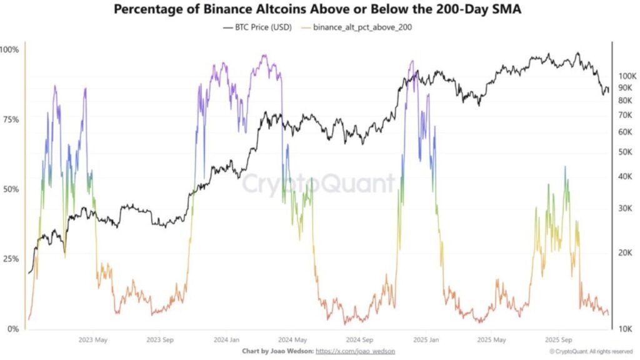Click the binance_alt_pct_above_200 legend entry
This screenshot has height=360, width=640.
[357, 27]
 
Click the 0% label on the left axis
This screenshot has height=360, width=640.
[12, 329]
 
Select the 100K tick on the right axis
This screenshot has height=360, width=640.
[627, 76]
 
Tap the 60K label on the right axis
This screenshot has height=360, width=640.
[625, 132]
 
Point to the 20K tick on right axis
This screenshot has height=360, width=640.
[625, 252]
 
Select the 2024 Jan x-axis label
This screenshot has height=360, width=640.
[226, 341]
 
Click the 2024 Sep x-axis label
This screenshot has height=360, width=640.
[361, 341]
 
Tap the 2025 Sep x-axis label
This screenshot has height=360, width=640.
[559, 341]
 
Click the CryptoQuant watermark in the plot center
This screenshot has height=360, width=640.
[319, 184]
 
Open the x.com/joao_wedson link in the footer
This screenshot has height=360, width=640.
[356, 352]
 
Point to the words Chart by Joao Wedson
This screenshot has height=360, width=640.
[277, 352]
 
